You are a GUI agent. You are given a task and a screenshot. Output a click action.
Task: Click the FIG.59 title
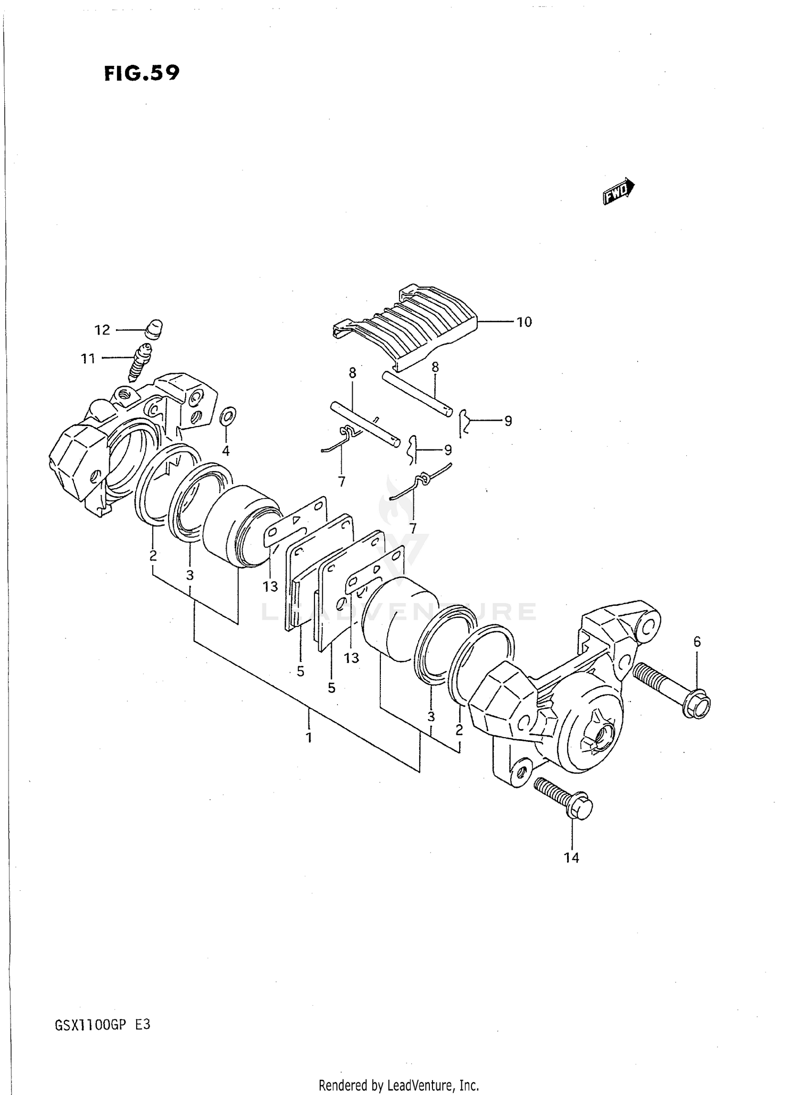(142, 73)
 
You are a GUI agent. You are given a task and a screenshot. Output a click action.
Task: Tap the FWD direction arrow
(618, 191)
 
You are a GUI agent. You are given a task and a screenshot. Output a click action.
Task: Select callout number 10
(524, 322)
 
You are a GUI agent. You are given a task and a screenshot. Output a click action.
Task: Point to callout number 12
(102, 330)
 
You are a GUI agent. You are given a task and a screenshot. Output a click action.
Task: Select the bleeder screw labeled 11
(139, 362)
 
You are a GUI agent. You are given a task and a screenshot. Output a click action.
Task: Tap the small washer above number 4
(228, 416)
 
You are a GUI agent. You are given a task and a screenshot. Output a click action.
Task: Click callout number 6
(697, 642)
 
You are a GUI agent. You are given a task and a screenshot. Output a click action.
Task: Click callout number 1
(309, 738)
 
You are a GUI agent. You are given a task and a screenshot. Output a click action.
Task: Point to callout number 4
(226, 451)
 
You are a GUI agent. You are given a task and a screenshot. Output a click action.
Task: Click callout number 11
(88, 359)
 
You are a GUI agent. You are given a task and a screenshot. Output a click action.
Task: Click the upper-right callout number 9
(508, 421)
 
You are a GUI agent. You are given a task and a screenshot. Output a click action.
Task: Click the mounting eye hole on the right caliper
(648, 626)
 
